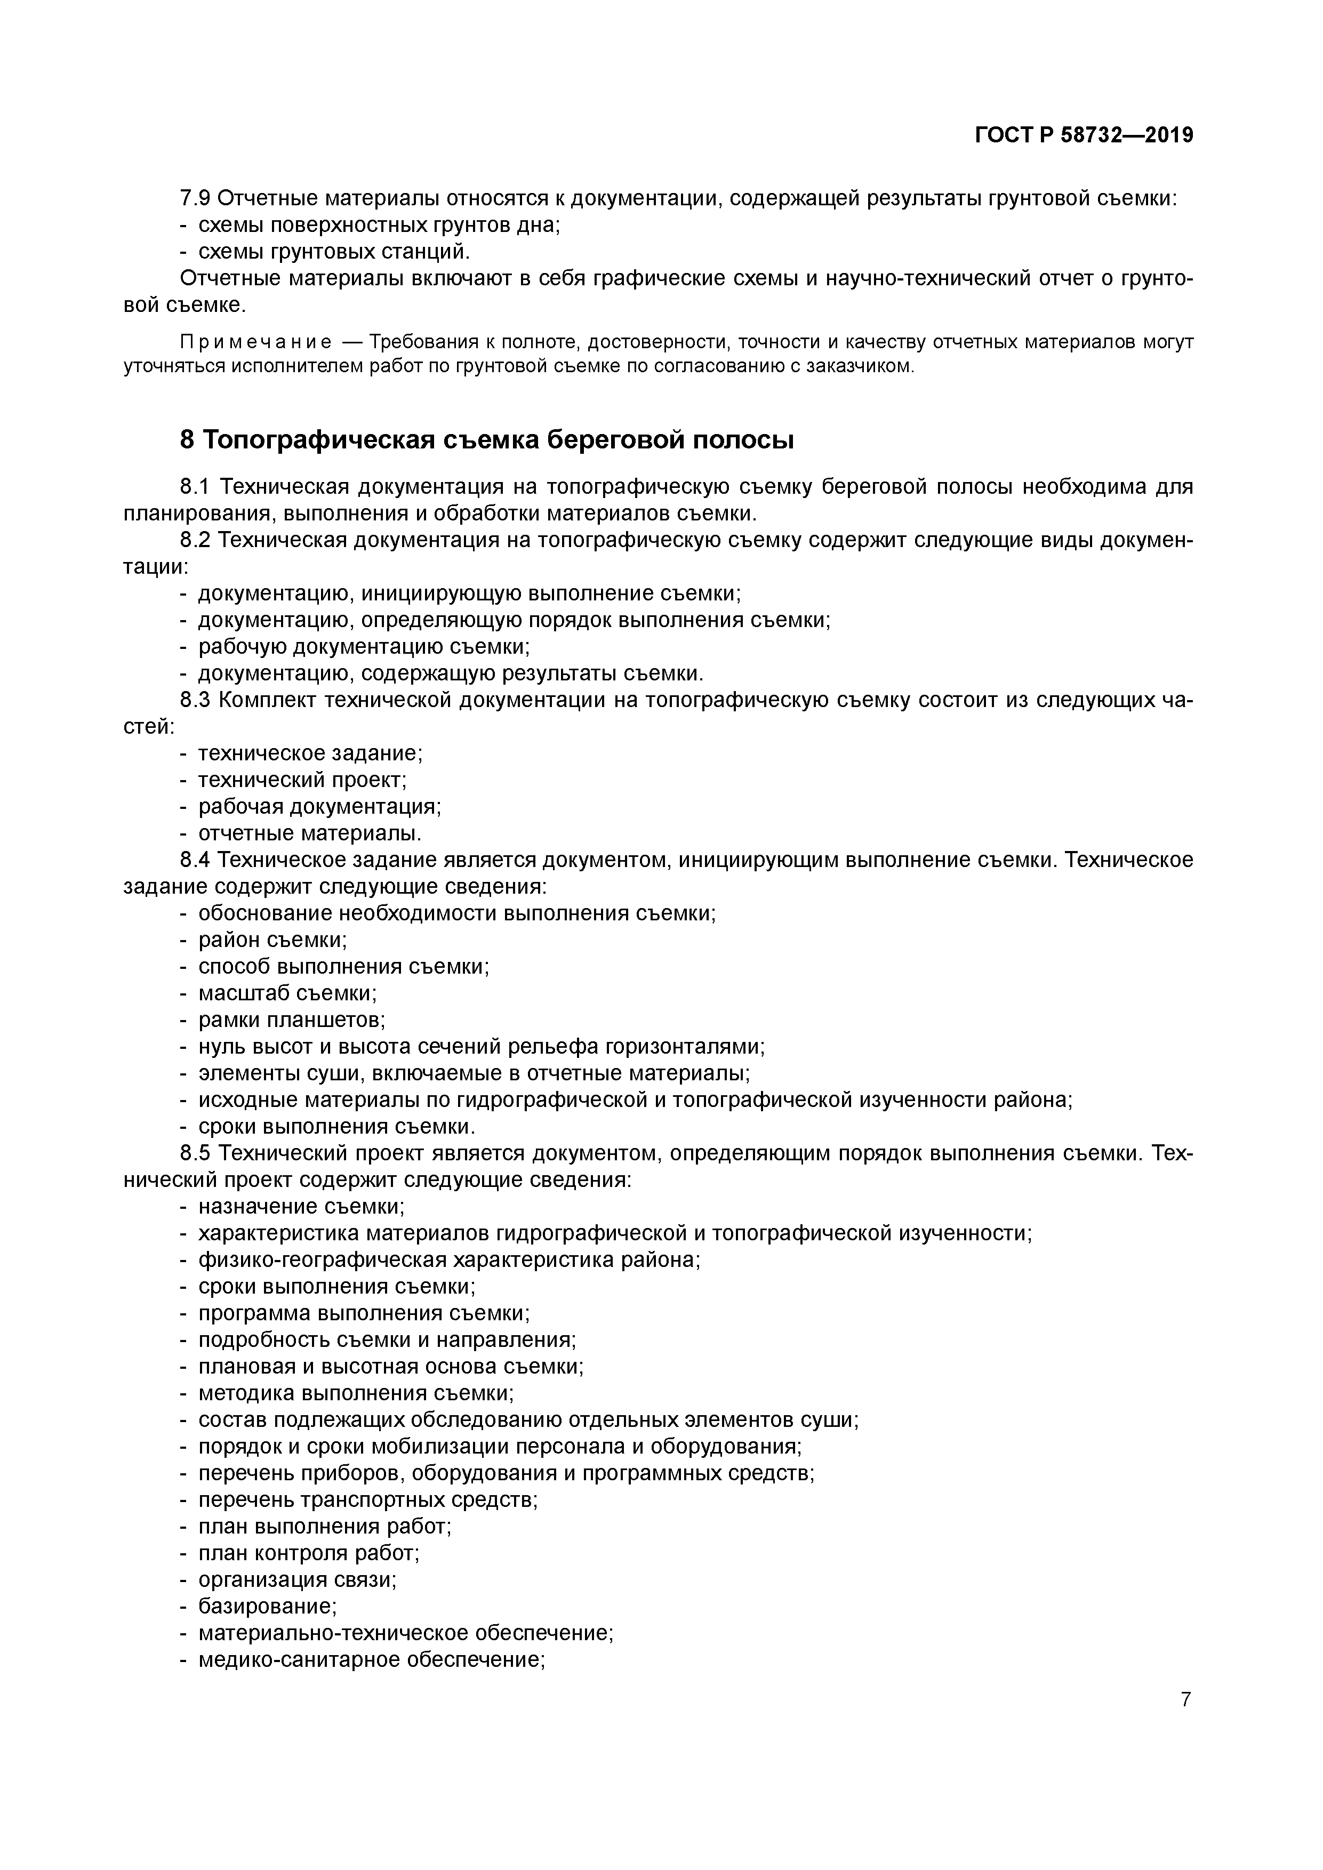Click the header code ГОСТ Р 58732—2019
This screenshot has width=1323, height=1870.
click(x=1084, y=135)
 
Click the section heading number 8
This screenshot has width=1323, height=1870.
click(x=187, y=440)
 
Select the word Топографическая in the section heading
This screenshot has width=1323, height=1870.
click(x=318, y=440)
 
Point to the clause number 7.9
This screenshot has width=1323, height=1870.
click(x=196, y=198)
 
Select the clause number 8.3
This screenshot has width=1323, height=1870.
click(x=196, y=701)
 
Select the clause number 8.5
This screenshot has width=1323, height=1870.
click(x=196, y=1153)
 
